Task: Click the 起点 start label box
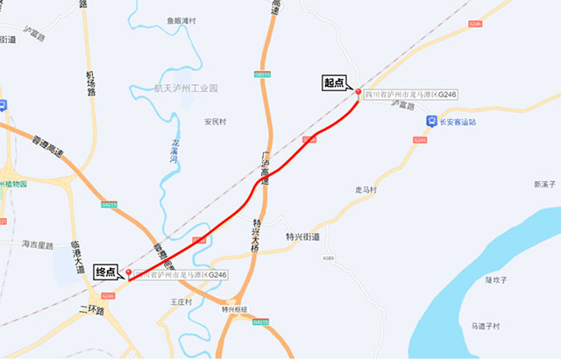tap(335, 83)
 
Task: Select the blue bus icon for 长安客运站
tap(430, 122)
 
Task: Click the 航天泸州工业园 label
tap(186, 88)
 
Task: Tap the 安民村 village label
tap(215, 122)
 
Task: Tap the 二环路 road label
tap(90, 310)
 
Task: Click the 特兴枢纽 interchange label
tap(235, 309)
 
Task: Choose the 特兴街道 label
tap(303, 236)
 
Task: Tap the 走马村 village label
tap(365, 189)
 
